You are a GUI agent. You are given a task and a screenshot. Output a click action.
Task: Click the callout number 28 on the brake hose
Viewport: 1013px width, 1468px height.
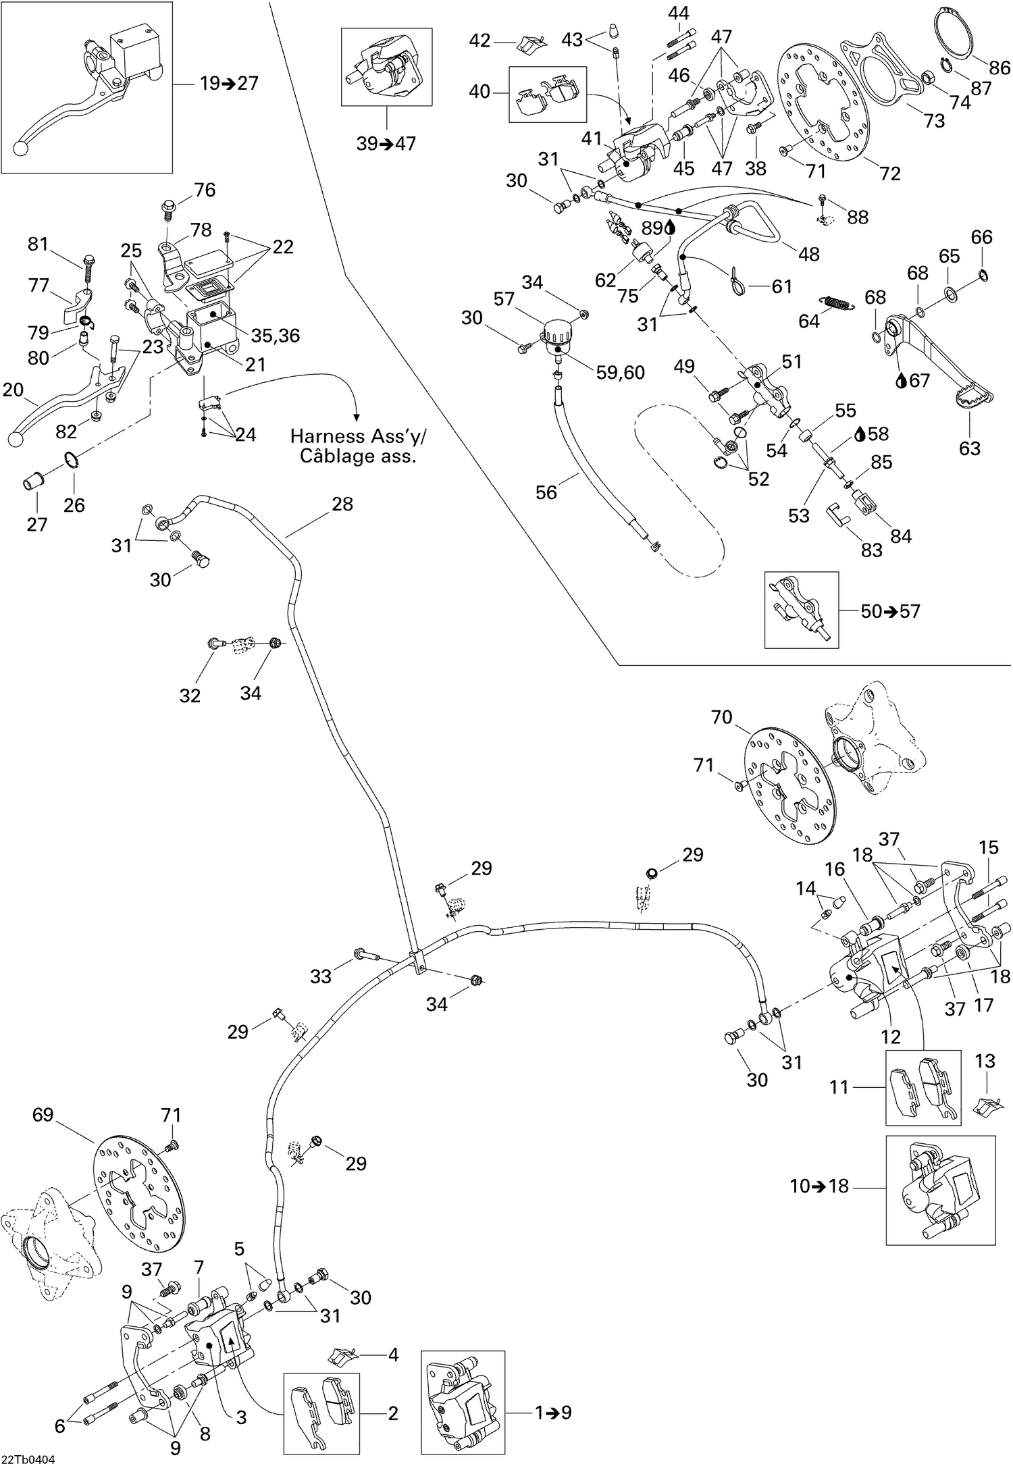342,504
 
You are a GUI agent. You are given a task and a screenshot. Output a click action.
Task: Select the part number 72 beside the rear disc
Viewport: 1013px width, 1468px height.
890,174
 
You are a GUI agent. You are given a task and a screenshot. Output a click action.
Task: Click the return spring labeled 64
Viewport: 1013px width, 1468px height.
835,304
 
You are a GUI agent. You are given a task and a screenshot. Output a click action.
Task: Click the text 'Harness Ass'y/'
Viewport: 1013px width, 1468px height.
358,436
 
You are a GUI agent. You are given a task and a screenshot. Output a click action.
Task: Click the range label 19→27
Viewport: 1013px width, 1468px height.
229,84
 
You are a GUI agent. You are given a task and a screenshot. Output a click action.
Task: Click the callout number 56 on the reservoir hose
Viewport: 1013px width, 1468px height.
546,492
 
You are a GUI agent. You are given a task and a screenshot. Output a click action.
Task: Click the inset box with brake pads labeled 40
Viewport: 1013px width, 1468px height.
548,94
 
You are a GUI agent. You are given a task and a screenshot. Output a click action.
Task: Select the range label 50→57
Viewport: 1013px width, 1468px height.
890,611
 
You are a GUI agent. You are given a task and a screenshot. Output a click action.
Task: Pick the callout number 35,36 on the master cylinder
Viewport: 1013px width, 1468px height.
275,335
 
